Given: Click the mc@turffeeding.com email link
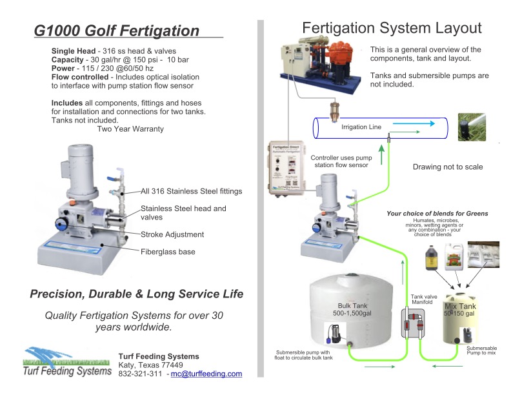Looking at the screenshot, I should click(206, 374).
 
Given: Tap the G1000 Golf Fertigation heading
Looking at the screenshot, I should click(117, 30).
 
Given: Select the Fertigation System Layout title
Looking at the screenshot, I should click(392, 28).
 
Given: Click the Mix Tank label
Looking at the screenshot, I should click(460, 306).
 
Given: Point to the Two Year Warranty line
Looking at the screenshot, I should click(130, 129).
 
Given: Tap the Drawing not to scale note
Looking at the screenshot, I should click(447, 167).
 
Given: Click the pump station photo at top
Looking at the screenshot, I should click(319, 67).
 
